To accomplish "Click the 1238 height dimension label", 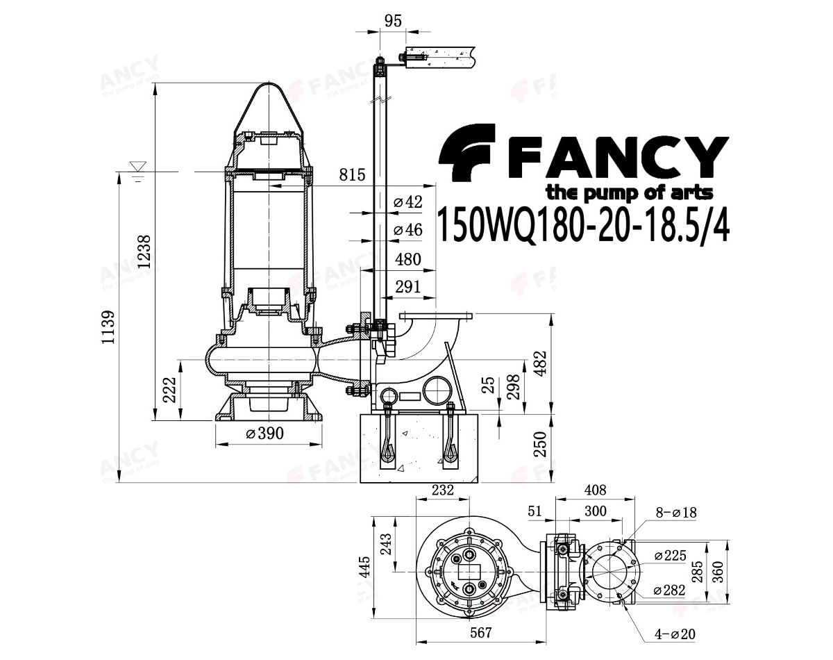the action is point(144,251).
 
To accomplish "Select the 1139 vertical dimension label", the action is point(108,327).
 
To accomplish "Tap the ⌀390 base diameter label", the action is point(265,434).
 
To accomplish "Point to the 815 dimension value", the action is point(352,175).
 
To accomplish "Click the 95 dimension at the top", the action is point(394,21).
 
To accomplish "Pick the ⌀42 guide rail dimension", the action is point(407,202).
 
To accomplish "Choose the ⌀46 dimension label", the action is point(407,230).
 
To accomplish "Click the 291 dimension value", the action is point(408,287).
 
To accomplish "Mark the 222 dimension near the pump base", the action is point(170,390).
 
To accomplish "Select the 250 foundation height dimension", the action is point(540,445).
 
